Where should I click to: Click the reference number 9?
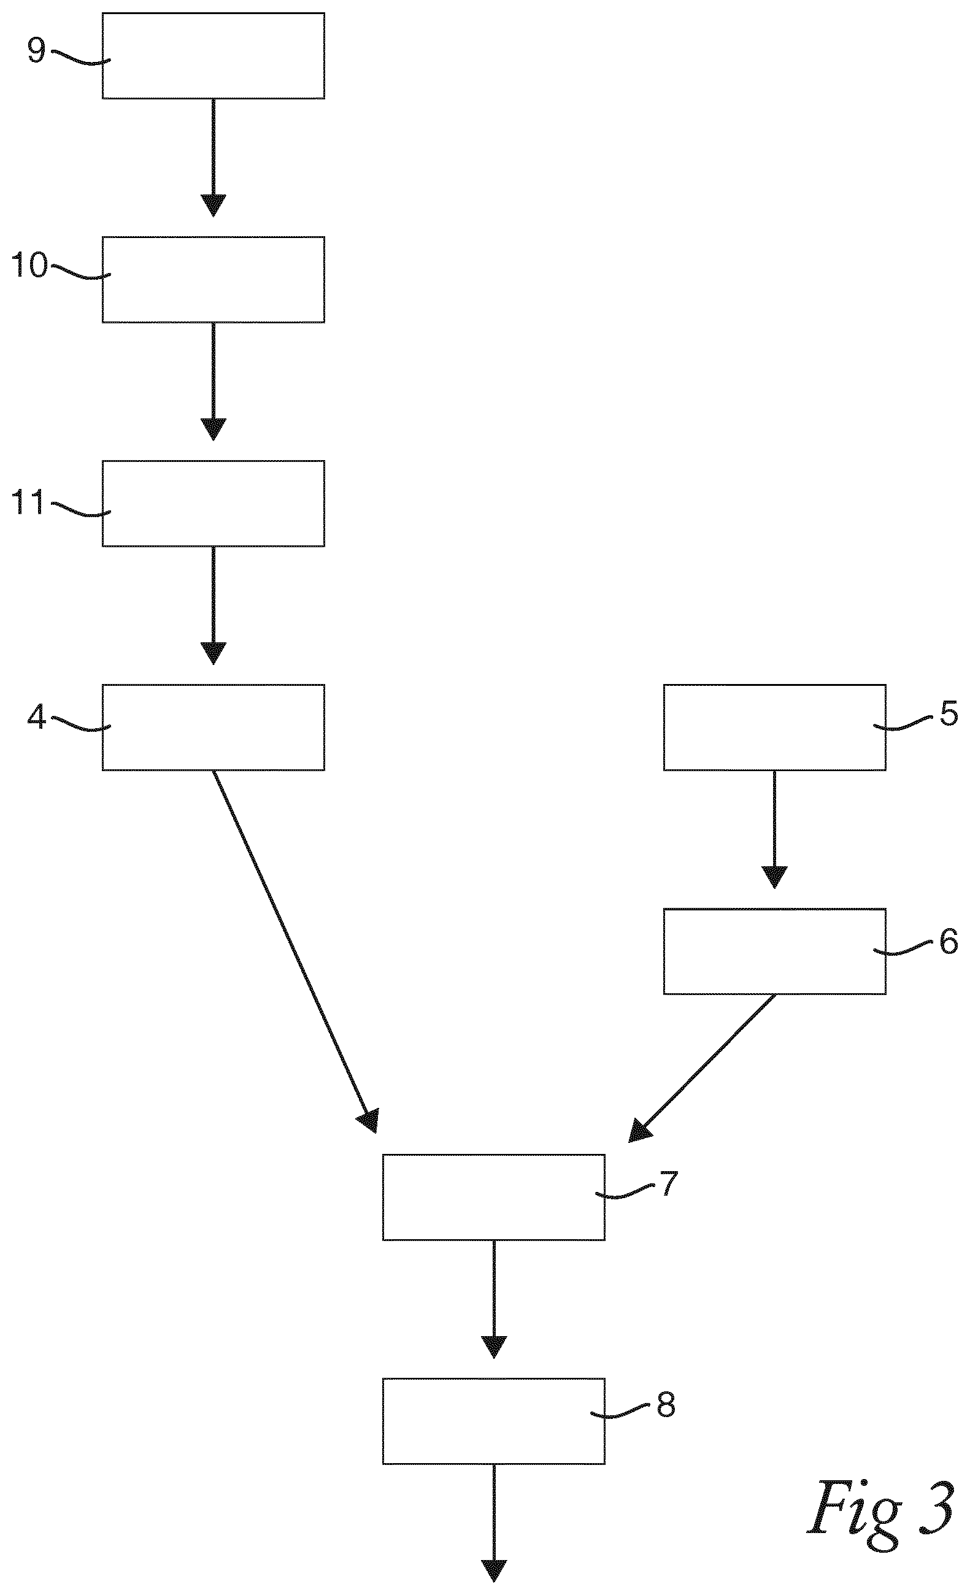coord(36,50)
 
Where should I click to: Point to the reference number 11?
coord(29,502)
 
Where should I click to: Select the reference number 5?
coord(949,714)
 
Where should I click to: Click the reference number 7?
coord(668,1184)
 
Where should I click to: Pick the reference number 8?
coord(666,1405)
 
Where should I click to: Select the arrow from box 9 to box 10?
coord(213,157)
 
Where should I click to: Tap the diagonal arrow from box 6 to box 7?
coord(701,1068)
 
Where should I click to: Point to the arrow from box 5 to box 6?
coord(774,829)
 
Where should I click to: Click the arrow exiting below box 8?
coord(493,1523)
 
